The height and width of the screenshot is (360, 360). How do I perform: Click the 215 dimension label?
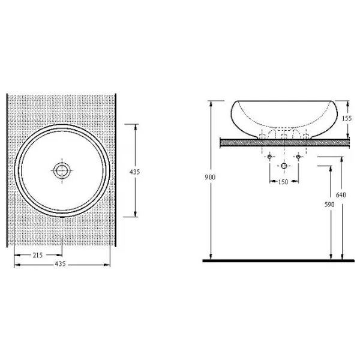(38, 255)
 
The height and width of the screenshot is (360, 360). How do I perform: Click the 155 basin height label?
(347, 118)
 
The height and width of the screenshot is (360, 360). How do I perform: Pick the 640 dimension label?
(341, 195)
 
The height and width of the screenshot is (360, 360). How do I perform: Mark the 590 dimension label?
(329, 205)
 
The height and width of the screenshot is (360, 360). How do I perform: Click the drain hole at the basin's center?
(62, 170)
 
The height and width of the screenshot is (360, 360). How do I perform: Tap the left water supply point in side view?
(270, 157)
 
